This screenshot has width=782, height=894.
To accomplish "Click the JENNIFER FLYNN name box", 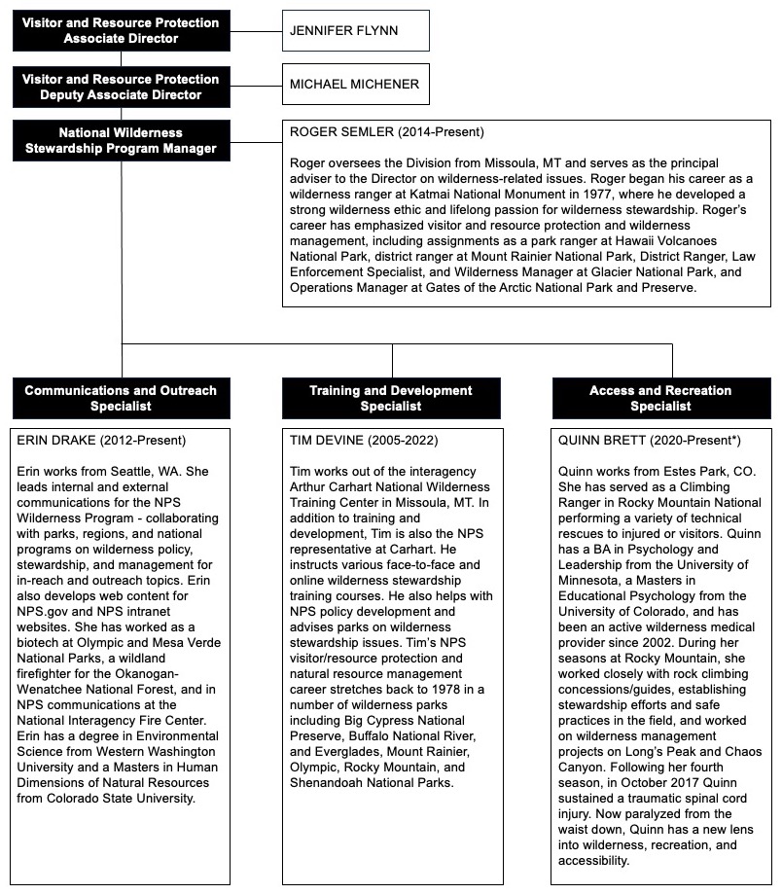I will coord(355,30).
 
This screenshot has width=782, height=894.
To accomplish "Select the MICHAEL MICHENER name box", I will coord(355,85).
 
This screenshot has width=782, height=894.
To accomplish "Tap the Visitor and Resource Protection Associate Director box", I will coord(121,30).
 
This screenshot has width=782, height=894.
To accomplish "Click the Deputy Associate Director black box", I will coord(121,87).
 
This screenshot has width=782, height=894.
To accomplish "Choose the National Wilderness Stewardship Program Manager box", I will coord(121,140).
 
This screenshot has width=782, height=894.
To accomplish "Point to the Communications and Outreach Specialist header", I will coord(121,398).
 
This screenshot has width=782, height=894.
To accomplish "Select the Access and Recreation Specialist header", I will coord(660,398).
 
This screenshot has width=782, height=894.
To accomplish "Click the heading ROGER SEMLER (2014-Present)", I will coord(387,131).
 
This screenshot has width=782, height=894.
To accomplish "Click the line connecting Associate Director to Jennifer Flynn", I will coord(256,30).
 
